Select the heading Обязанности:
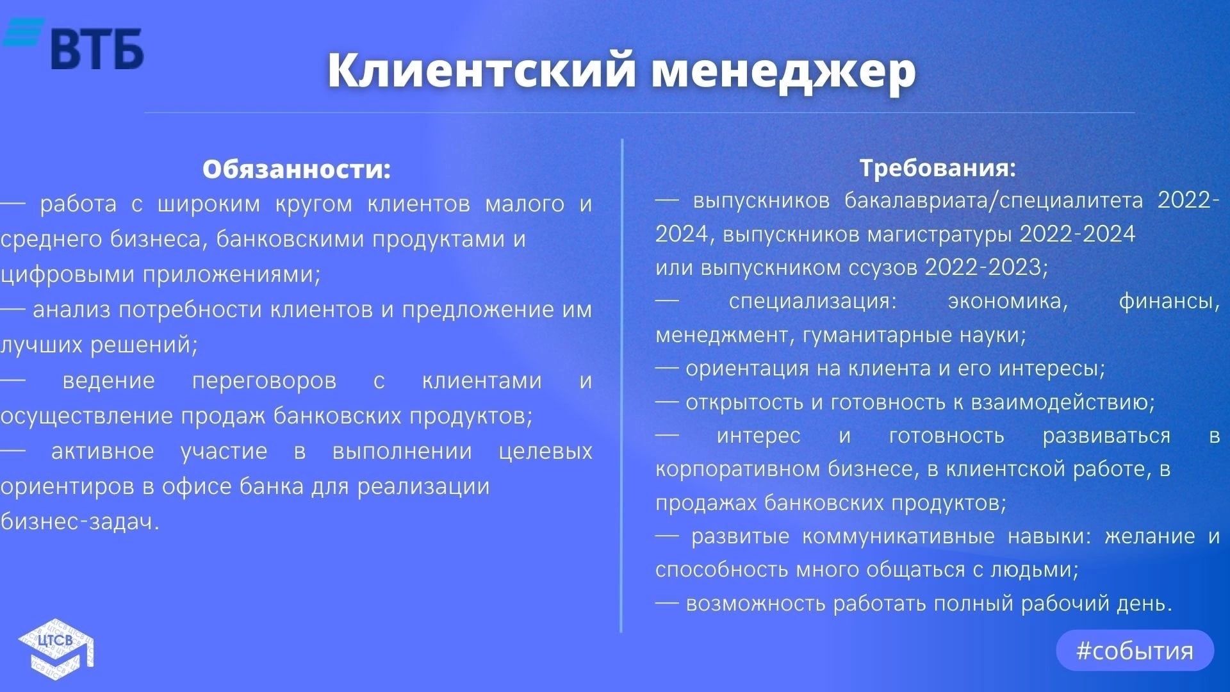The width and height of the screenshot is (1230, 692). (x=297, y=169)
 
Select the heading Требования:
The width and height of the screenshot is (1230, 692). (x=938, y=168)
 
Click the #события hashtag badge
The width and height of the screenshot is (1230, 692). (x=1135, y=650)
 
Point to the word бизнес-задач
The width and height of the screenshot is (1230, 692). (x=80, y=522)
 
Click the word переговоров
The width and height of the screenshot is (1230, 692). (x=264, y=381)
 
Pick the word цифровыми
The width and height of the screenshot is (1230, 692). (x=68, y=275)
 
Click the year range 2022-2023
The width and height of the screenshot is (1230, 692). (x=986, y=267)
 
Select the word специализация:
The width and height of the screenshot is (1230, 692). (x=813, y=301)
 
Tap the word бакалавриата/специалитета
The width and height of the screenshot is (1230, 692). (x=994, y=201)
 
